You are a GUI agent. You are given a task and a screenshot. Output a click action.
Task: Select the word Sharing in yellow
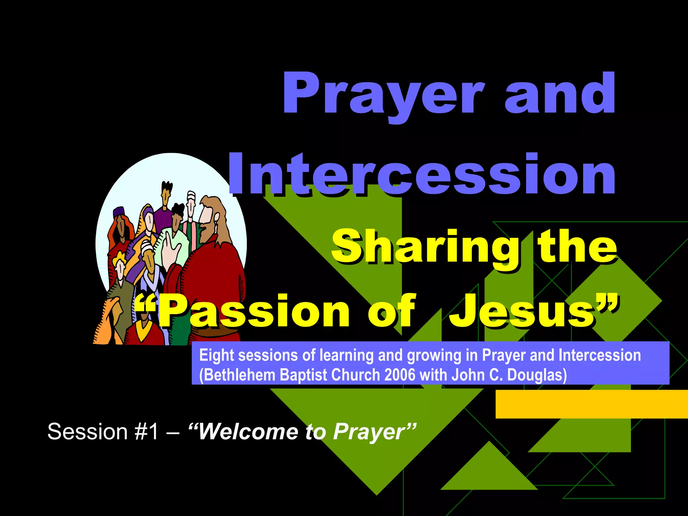tap(425, 247)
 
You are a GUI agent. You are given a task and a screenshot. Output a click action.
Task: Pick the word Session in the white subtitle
tap(87, 432)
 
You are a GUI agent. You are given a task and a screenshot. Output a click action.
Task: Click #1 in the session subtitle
tap(146, 432)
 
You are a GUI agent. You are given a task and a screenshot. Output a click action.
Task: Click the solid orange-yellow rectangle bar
tap(591, 404)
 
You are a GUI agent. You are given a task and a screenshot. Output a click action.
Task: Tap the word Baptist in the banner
tap(303, 375)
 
